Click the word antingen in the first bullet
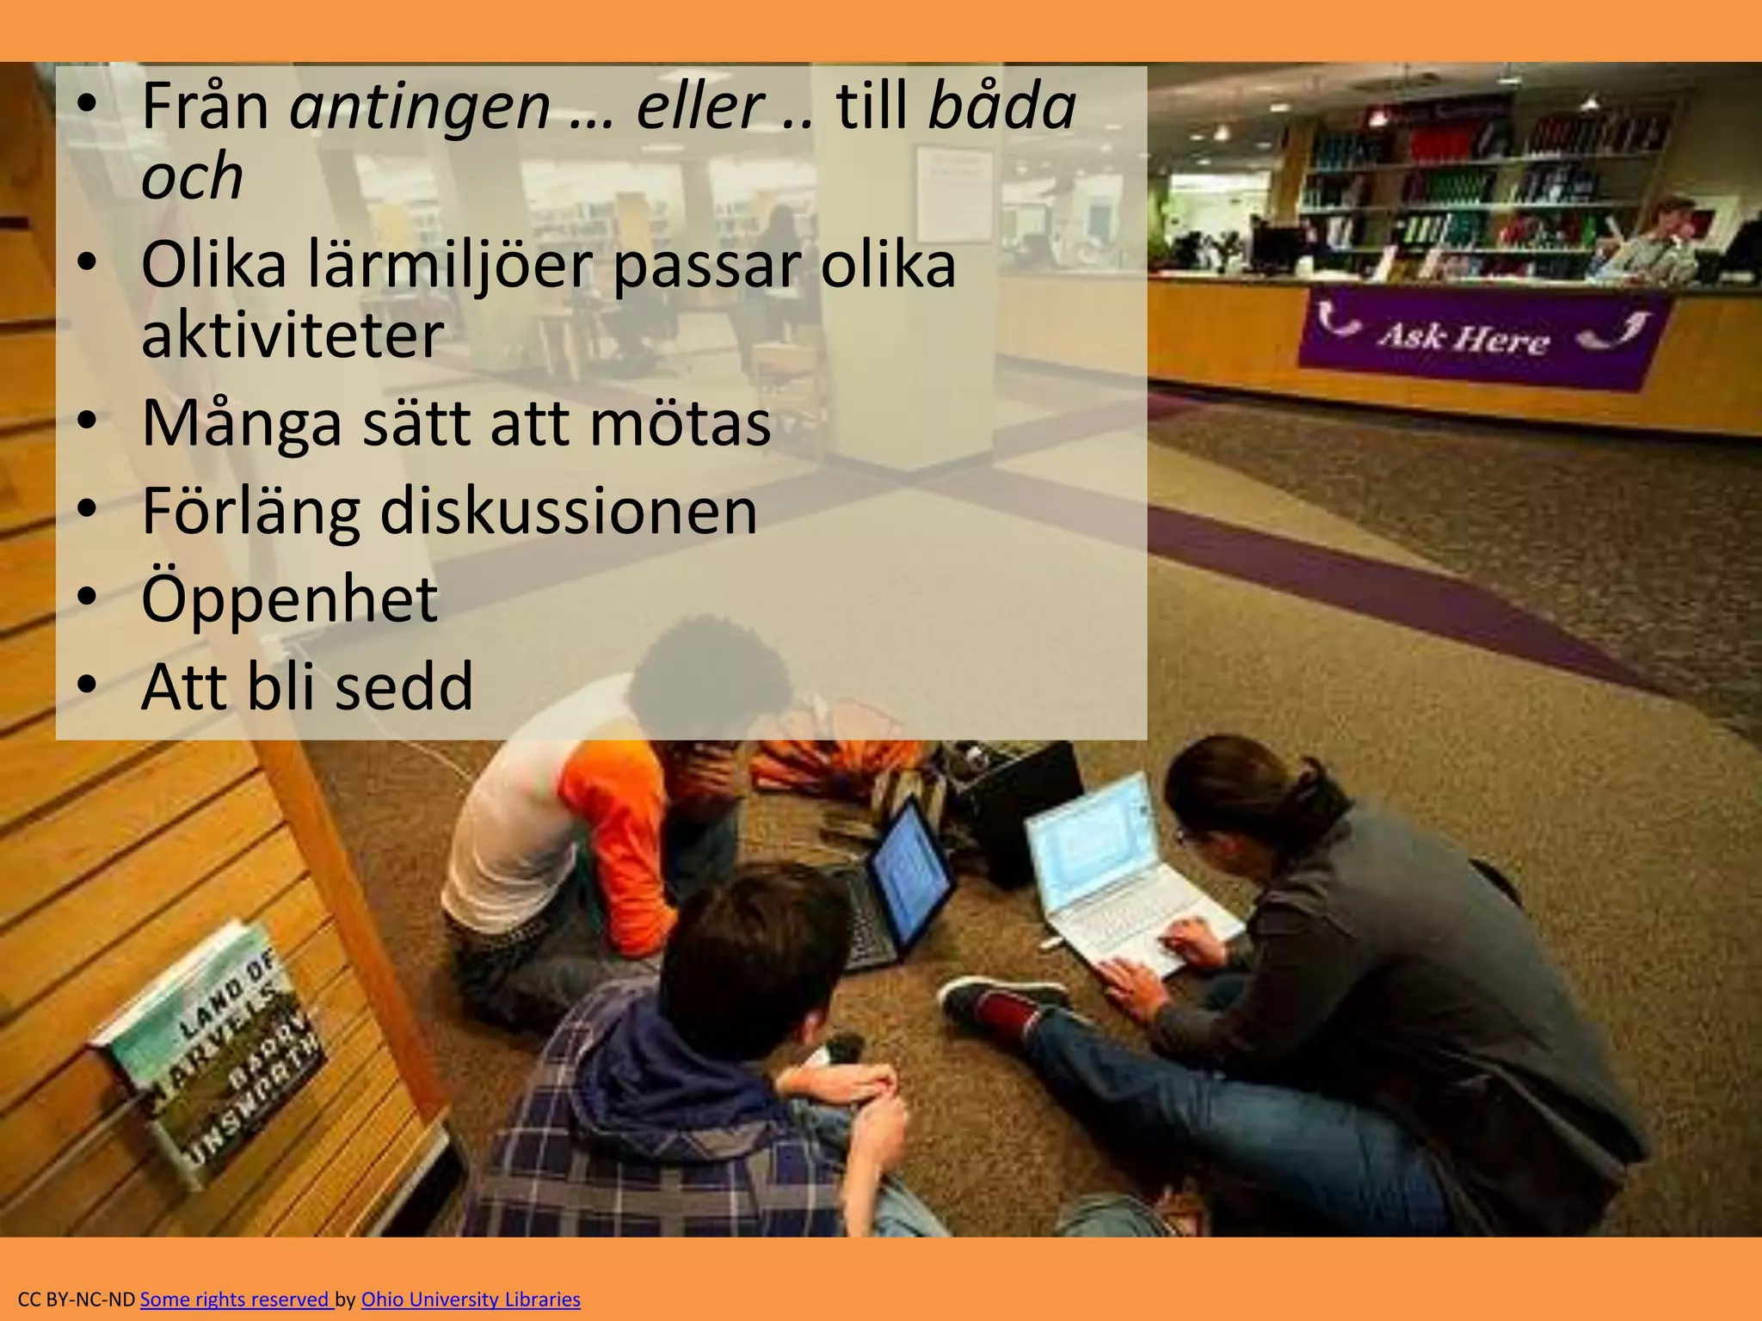pos(420,107)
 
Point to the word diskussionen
pos(568,511)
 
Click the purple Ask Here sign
pos(1480,336)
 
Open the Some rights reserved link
pos(236,1299)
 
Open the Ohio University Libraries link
pos(471,1299)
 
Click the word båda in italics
pos(1002,107)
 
